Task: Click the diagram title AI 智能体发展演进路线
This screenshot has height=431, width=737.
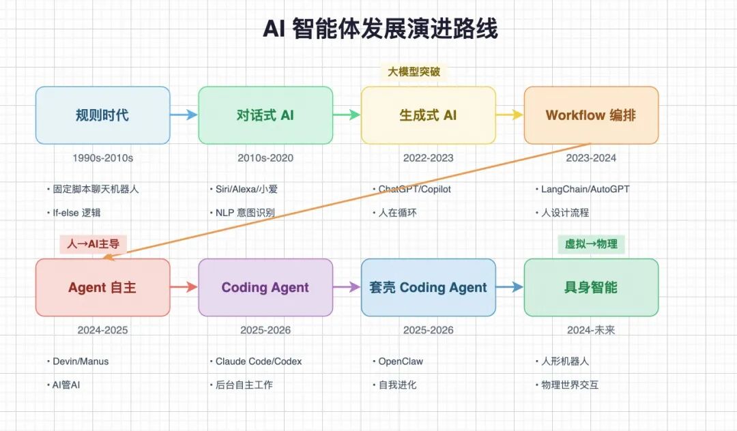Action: click(380, 29)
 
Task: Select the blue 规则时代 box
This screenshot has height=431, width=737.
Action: click(102, 115)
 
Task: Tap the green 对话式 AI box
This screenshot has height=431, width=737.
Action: click(265, 115)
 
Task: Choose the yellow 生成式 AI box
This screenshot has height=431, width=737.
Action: click(428, 115)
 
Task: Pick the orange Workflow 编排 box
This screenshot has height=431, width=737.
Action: click(591, 115)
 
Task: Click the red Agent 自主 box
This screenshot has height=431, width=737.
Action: click(102, 287)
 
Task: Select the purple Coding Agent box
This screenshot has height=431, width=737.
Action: click(265, 287)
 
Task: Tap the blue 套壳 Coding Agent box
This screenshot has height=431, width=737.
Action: click(428, 287)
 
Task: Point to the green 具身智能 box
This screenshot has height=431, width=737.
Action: click(591, 287)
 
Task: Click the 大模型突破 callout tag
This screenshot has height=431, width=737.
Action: click(413, 72)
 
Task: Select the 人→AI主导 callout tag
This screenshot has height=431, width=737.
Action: click(93, 243)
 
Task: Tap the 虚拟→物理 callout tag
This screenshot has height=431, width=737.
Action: click(591, 243)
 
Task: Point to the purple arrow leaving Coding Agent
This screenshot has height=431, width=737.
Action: click(347, 287)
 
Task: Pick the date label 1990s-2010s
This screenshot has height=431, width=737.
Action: click(102, 158)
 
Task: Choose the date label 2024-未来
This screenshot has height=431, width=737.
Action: click(591, 330)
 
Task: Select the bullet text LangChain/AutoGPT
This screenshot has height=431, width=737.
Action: click(585, 189)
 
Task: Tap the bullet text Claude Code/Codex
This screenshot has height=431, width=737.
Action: click(258, 361)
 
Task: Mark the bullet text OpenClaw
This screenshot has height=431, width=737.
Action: click(401, 361)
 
